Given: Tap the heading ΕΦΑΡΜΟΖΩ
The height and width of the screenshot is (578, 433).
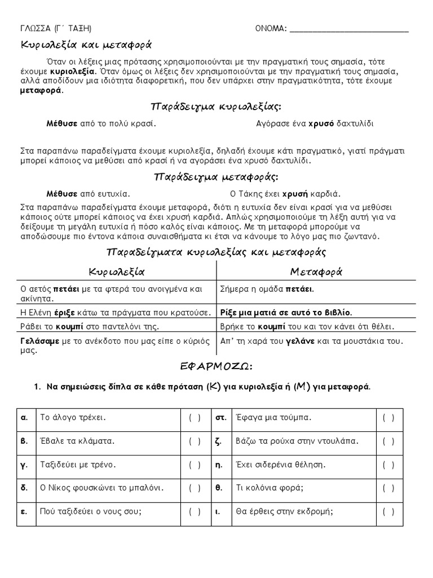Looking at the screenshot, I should click(216, 367).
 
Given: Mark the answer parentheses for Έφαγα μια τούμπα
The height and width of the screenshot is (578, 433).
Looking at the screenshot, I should click(388, 418).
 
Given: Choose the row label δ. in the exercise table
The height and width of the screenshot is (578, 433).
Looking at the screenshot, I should click(24, 488).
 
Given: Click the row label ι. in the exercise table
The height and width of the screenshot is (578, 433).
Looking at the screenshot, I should click(218, 512).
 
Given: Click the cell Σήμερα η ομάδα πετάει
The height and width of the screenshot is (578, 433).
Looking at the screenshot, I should click(267, 289).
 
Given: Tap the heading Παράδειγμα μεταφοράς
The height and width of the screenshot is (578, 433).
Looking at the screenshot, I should click(216, 177).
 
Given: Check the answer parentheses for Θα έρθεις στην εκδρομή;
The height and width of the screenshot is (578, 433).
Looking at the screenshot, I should click(388, 512).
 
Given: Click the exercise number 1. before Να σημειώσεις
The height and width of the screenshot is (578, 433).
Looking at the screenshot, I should click(38, 387).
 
